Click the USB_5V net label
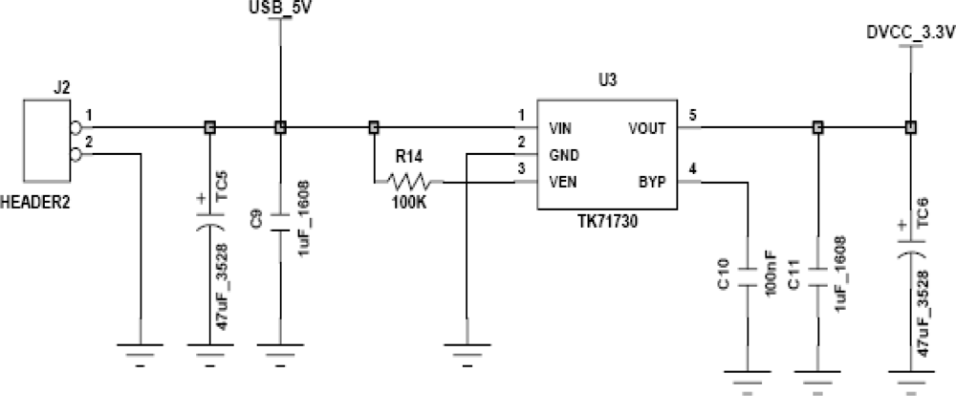click(x=279, y=9)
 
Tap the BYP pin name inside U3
click(x=654, y=180)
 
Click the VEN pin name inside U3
click(x=561, y=180)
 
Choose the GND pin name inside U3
click(x=562, y=153)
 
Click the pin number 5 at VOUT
click(x=693, y=116)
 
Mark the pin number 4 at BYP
click(x=693, y=169)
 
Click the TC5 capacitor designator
click(x=222, y=185)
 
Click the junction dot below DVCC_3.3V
click(x=909, y=126)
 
